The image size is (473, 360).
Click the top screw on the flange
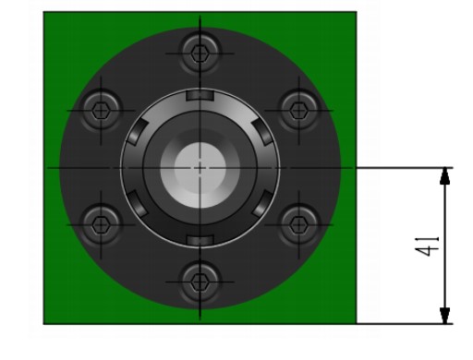tap(200, 54)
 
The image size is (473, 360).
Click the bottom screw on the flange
tap(200, 282)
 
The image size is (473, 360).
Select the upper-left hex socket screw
tap(101, 111)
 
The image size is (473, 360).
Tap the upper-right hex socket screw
tap(298, 111)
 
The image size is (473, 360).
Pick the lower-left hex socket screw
tap(101, 224)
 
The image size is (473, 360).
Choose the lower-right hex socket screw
tap(298, 224)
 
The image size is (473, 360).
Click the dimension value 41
tap(427, 246)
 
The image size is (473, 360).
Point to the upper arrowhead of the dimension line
tap(444, 176)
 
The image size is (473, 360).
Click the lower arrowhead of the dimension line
tap(444, 316)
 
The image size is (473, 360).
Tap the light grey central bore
tap(200, 168)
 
